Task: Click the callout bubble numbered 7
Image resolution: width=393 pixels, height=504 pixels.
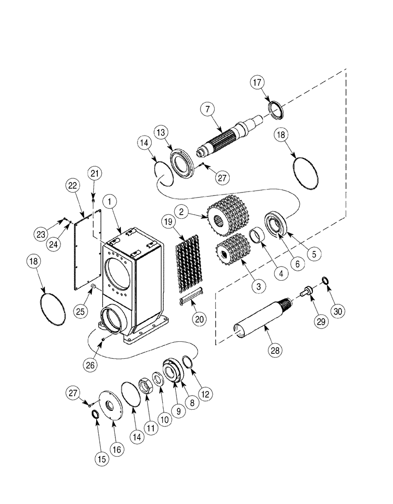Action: point(207,109)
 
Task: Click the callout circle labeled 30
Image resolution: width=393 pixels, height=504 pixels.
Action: point(338,311)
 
